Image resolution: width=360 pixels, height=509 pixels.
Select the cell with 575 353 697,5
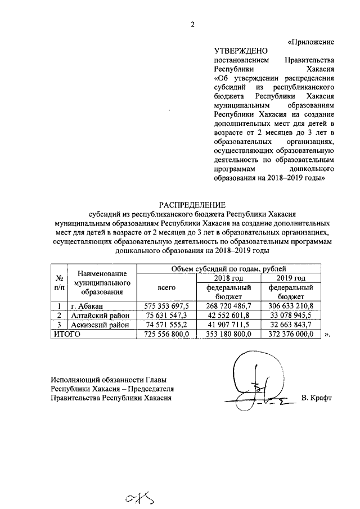click(x=164, y=305)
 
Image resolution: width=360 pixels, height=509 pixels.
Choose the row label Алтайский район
click(x=100, y=315)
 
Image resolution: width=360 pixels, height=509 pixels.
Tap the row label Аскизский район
click(x=100, y=325)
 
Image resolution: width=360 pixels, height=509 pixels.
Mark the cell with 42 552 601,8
click(x=231, y=315)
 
